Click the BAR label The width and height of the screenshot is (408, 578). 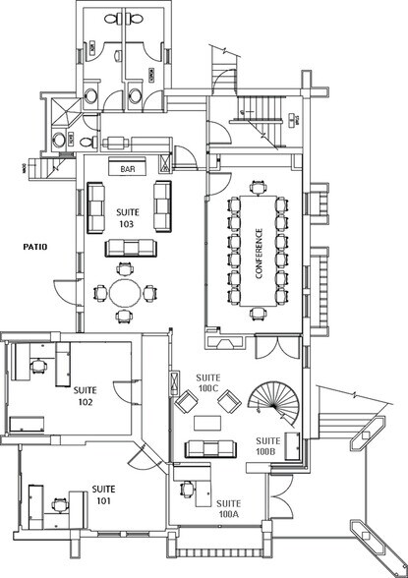click(127, 169)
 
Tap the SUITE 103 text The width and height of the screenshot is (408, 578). click(128, 218)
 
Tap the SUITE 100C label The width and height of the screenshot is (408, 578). click(208, 382)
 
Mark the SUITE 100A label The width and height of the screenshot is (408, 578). click(230, 508)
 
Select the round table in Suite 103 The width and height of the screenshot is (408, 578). click(124, 292)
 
